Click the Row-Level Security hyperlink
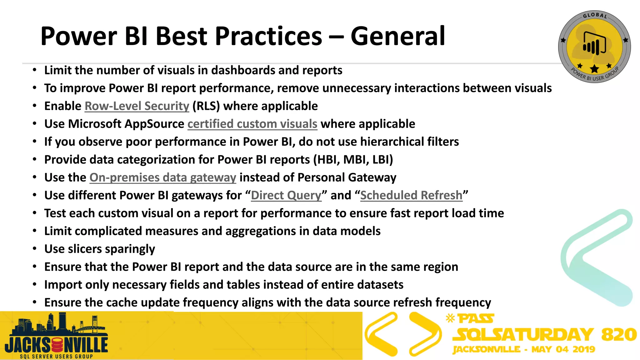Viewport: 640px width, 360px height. (x=137, y=106)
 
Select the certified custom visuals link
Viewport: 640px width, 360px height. (x=252, y=124)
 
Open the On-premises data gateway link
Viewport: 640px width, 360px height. (x=162, y=177)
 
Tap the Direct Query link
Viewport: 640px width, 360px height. (x=286, y=195)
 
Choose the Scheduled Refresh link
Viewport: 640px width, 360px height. (x=411, y=195)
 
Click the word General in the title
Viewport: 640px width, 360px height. (x=397, y=36)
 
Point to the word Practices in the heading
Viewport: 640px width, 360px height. (x=268, y=36)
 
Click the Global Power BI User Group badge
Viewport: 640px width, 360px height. (x=594, y=47)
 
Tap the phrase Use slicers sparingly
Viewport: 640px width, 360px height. (x=99, y=249)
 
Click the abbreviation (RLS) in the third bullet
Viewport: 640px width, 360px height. (x=206, y=106)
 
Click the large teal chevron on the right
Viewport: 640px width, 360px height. (x=595, y=258)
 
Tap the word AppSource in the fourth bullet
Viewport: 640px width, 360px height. (x=154, y=124)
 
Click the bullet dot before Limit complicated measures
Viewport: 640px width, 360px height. (x=35, y=231)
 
